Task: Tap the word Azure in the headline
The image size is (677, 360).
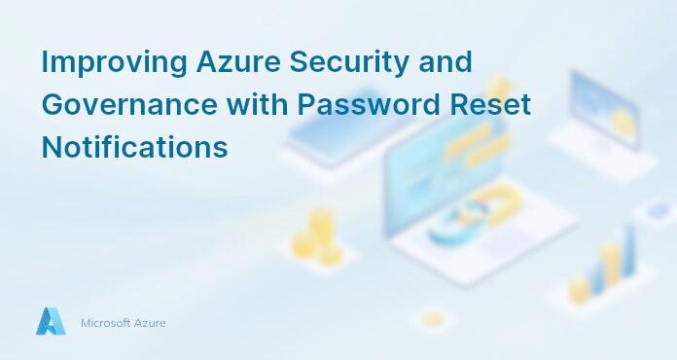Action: pos(230,62)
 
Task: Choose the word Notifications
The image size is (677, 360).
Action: pos(134,148)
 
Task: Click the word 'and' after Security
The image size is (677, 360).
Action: pos(443,62)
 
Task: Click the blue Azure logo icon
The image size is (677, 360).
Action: pos(51,321)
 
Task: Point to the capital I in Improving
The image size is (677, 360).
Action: pos(45,62)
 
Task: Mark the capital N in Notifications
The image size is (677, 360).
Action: pos(52,148)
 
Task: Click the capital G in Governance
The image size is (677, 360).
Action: pos(53,105)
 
